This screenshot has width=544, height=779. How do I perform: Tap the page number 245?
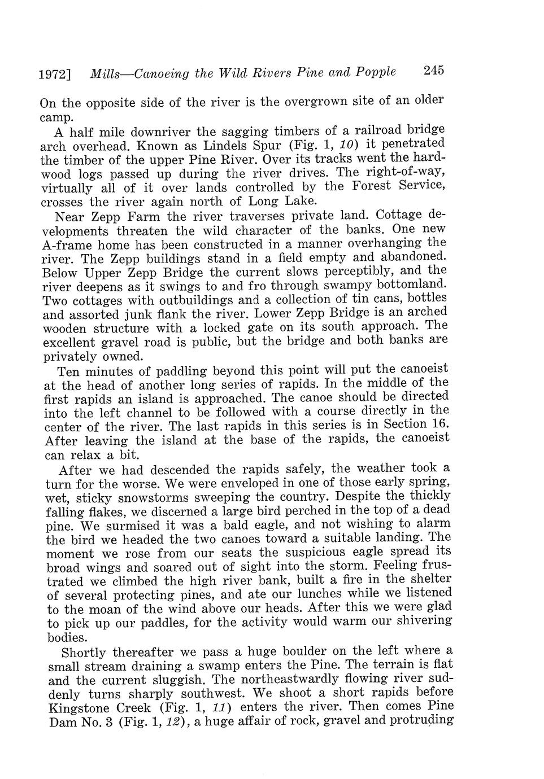434,71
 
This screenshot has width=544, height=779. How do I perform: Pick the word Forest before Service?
376,186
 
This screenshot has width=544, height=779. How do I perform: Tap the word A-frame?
67,245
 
